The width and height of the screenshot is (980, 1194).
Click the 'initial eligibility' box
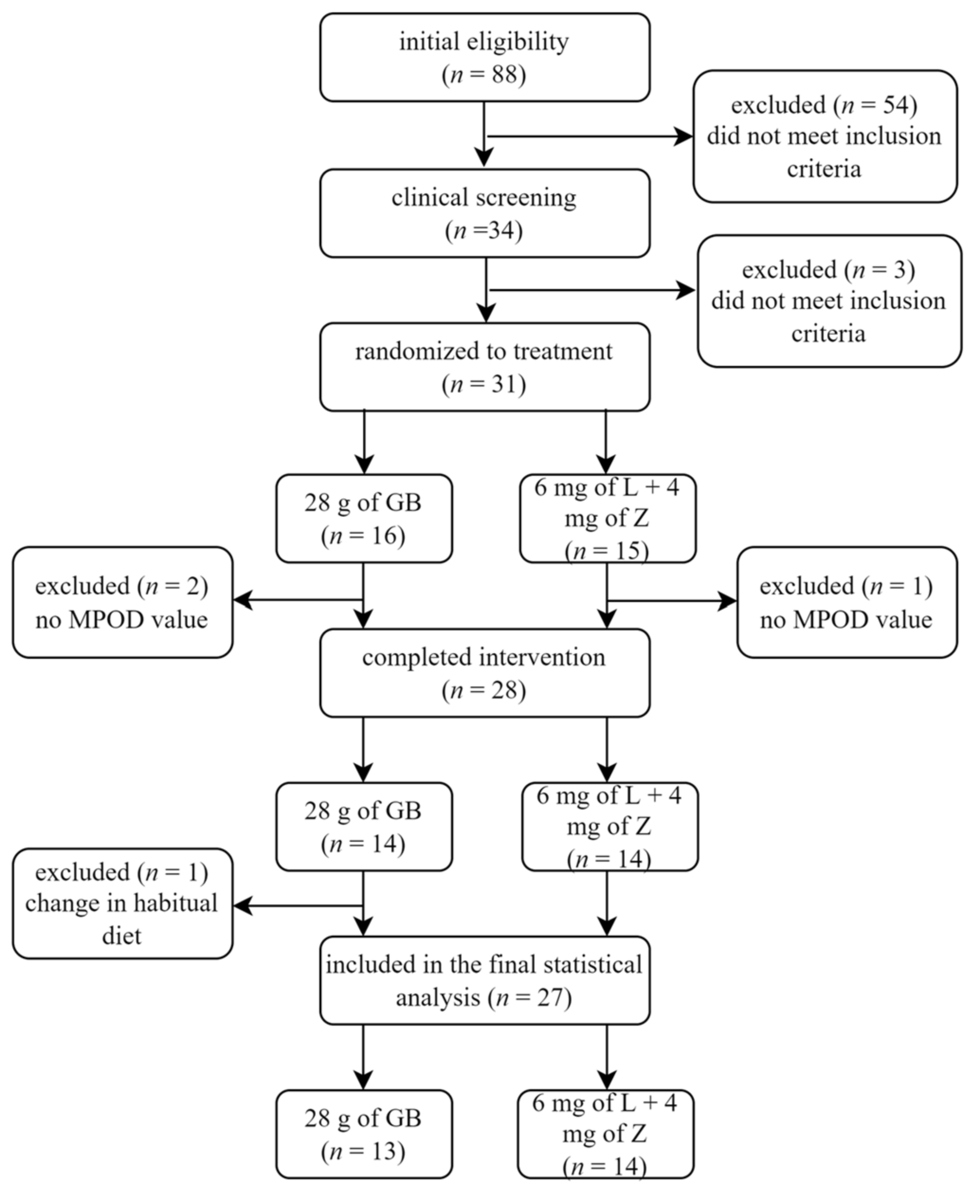click(484, 57)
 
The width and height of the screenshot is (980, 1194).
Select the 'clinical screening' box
click(484, 213)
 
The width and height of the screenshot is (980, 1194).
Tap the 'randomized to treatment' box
click(484, 367)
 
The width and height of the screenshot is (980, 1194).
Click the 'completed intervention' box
click(484, 673)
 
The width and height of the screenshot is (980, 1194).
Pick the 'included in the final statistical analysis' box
click(484, 981)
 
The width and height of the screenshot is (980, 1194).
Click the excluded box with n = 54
click(825, 137)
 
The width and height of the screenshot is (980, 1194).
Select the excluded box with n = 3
click(829, 301)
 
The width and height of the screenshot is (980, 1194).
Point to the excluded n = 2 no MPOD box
click(122, 602)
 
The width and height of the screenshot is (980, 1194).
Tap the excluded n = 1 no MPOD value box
click(846, 602)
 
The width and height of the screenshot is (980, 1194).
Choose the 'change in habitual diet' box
click(122, 904)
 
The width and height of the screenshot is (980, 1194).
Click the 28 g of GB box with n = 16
click(363, 518)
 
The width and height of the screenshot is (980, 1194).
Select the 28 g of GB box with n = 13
click(363, 1134)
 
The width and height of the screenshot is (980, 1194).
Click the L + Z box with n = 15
click(608, 518)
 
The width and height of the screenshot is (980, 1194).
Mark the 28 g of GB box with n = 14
click(363, 827)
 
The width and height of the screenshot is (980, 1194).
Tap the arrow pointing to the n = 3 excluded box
click(593, 290)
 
